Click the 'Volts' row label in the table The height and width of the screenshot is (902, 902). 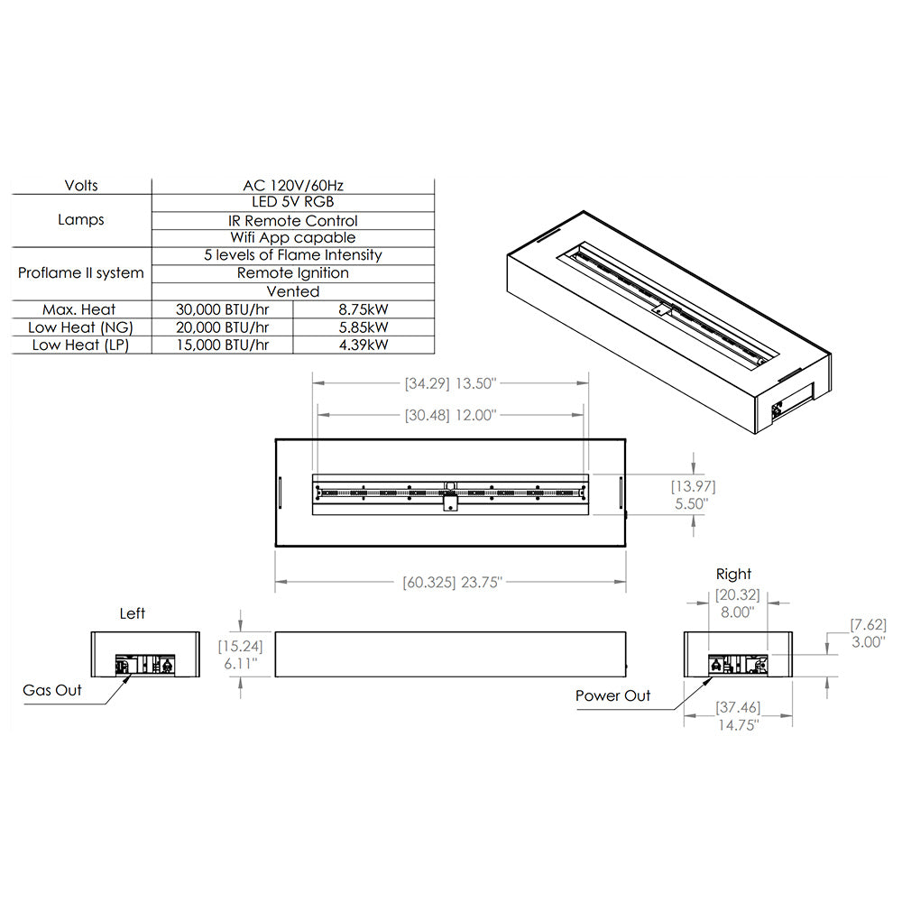[x=81, y=186]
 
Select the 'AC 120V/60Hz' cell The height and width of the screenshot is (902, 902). [x=293, y=186]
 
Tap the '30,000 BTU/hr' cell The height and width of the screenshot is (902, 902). [x=222, y=309]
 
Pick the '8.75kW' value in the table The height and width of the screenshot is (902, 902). [x=364, y=309]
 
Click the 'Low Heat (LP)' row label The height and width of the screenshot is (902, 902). [x=81, y=345]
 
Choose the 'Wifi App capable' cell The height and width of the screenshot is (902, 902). [x=293, y=238]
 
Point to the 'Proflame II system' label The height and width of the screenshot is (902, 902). [x=81, y=272]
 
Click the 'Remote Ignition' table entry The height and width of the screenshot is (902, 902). [x=293, y=272]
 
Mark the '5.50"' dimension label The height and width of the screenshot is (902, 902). [x=691, y=503]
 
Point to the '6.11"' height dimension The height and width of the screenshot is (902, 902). [x=239, y=663]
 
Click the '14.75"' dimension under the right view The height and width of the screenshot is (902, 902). [x=738, y=724]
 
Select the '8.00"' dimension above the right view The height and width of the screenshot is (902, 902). [x=737, y=611]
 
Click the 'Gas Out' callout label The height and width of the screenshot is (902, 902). [x=52, y=690]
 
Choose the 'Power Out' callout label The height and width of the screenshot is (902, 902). [x=612, y=695]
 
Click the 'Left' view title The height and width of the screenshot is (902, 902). [x=133, y=613]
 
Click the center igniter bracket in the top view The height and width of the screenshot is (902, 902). [x=448, y=504]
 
